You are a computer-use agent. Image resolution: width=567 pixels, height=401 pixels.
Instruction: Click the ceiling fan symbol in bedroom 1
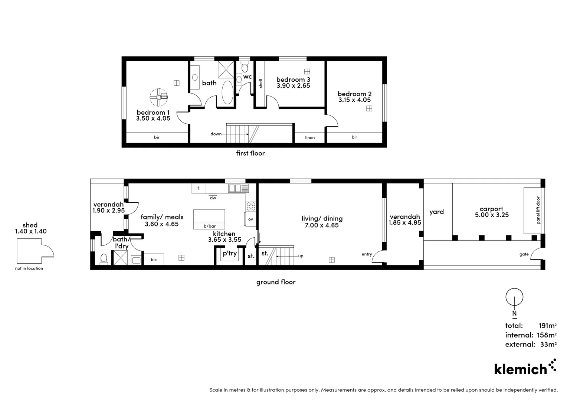click(x=158, y=97)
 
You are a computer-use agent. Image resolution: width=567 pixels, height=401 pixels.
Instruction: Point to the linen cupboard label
click(x=310, y=137)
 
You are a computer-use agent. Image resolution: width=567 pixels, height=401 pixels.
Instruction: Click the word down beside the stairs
click(x=216, y=134)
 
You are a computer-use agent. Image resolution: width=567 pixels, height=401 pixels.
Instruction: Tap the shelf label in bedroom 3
click(x=260, y=83)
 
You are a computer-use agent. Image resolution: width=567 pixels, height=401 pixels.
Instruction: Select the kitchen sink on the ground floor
click(x=239, y=188)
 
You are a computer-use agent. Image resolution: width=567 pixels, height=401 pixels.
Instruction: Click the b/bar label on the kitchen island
click(x=210, y=226)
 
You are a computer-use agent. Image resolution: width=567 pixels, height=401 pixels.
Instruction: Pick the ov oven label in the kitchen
click(x=250, y=219)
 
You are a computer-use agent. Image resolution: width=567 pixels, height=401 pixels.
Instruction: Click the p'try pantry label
click(x=230, y=253)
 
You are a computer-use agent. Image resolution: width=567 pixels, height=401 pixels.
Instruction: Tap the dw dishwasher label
click(x=213, y=198)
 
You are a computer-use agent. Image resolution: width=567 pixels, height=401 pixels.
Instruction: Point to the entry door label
click(x=367, y=254)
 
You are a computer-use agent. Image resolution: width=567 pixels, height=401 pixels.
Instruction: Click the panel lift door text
click(x=538, y=210)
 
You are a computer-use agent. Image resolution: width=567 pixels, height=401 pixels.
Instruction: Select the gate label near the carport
click(x=524, y=254)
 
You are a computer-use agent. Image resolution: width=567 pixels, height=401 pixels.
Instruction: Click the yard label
click(x=437, y=212)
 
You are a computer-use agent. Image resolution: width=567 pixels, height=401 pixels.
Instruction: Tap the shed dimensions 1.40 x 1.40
click(x=31, y=231)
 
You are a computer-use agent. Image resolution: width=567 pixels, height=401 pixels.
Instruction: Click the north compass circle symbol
click(x=514, y=297)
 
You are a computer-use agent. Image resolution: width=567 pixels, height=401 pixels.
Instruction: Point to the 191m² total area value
click(x=547, y=326)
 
